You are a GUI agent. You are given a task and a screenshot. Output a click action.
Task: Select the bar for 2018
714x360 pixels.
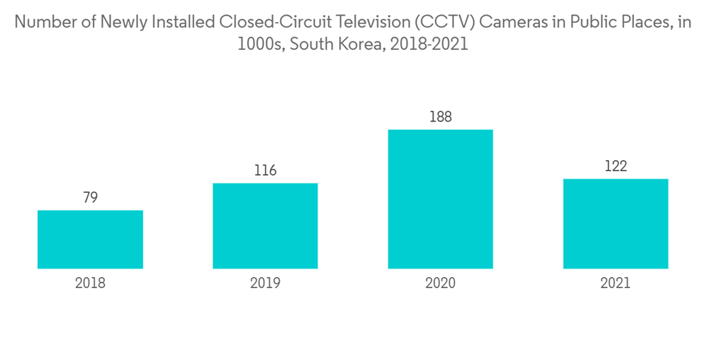[x=90, y=239]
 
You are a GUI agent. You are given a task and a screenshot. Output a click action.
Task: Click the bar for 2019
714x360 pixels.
[x=265, y=226]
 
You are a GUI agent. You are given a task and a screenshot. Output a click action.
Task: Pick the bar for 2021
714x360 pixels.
[x=615, y=224]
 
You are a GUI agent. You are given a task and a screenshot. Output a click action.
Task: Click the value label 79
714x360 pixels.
[x=90, y=198]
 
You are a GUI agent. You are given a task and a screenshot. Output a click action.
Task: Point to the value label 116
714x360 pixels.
[x=265, y=171]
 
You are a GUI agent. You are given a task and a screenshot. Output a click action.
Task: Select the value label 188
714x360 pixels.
[x=441, y=117]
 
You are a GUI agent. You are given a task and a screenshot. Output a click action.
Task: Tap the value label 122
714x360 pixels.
[x=615, y=166]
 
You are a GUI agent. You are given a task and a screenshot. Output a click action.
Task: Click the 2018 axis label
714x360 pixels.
[x=90, y=284]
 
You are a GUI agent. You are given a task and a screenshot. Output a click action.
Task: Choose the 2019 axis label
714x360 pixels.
[x=265, y=284]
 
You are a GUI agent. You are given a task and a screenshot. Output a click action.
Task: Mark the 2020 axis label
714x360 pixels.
[x=441, y=284]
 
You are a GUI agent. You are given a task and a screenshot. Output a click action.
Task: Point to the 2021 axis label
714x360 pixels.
[x=615, y=284]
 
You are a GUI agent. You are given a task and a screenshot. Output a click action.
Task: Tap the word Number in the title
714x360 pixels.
[x=44, y=21]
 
